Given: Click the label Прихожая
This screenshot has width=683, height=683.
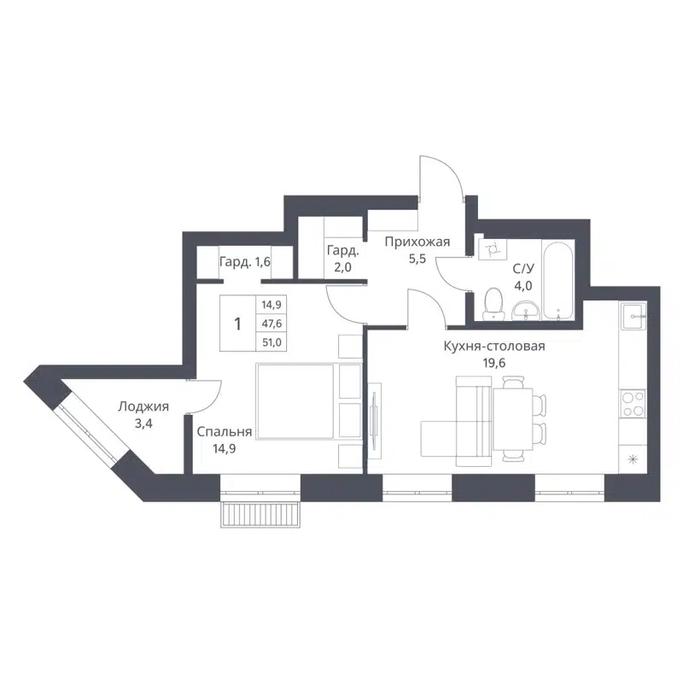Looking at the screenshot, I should coord(417,242).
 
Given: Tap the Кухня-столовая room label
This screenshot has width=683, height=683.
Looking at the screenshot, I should coord(493,346).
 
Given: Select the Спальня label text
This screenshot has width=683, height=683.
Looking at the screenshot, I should coord(224,432).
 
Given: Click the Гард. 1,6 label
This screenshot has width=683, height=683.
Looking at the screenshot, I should coord(244,262).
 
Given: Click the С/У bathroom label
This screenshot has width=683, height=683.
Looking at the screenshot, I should coord(522,268).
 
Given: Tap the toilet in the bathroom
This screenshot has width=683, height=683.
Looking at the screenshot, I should coord(493,303).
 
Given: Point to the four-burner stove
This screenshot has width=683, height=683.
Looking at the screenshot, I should coord(633,403).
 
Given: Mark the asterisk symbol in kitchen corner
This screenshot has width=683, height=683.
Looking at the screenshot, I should coord(633,461).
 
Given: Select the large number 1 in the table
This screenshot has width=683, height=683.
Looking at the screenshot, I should coord(238,324).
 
